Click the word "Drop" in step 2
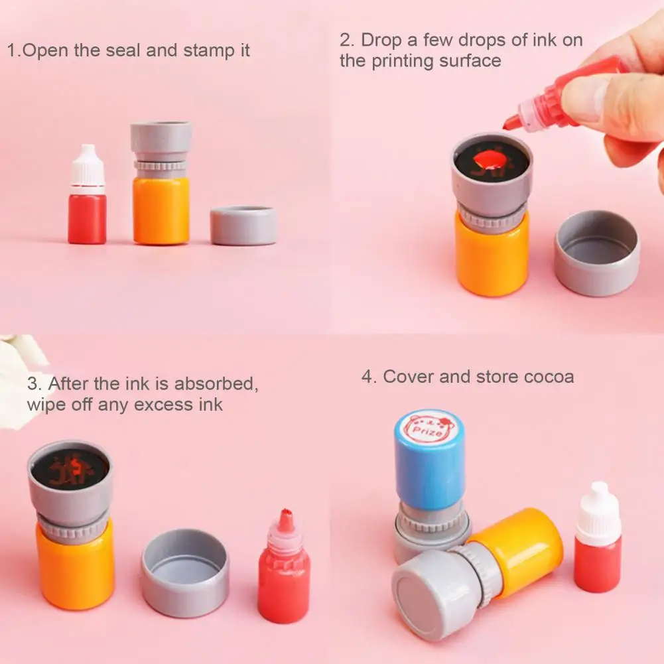click(380, 40)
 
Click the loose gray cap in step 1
click(243, 226)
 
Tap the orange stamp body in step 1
click(161, 209)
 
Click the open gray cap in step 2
click(597, 253)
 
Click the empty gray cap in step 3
click(185, 572)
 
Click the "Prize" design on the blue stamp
click(431, 428)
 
